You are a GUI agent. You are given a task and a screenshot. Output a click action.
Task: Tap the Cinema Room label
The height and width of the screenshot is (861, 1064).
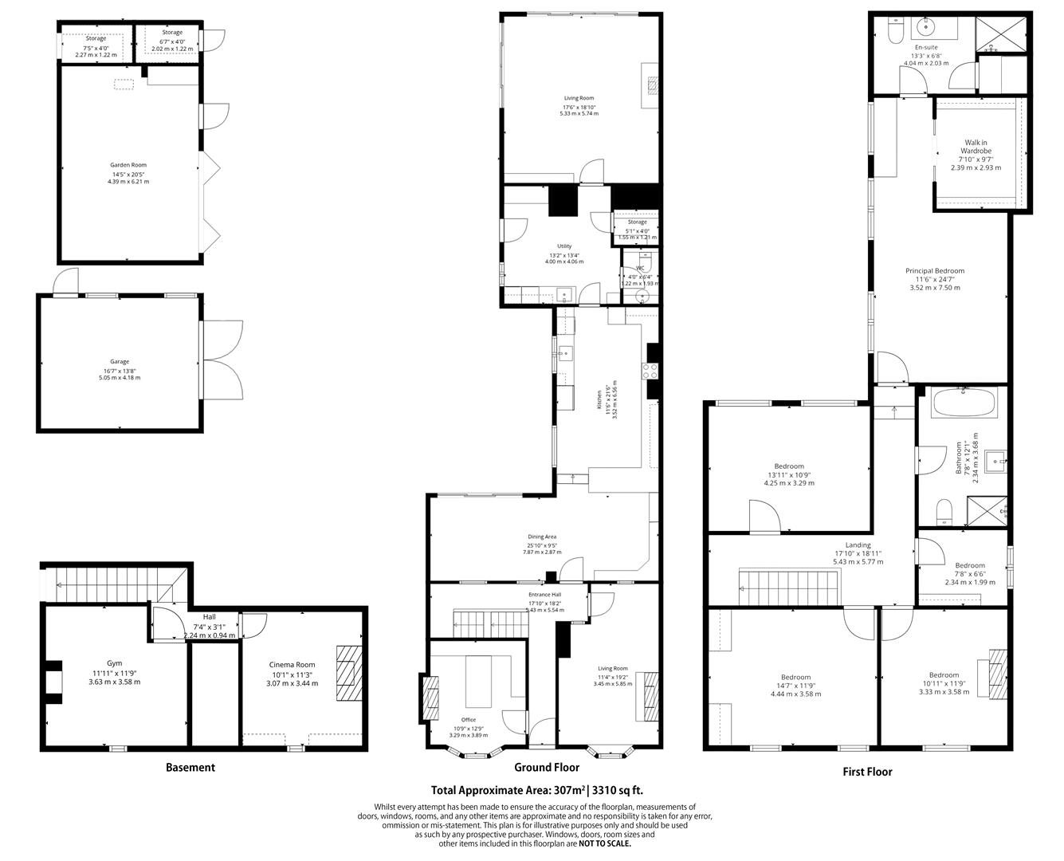click(x=292, y=664)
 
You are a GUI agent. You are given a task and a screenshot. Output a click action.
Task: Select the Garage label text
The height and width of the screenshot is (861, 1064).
click(x=120, y=361)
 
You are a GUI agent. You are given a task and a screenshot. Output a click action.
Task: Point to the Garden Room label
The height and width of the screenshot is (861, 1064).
click(x=128, y=165)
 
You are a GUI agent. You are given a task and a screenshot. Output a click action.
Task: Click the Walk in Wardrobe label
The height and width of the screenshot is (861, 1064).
click(x=976, y=147)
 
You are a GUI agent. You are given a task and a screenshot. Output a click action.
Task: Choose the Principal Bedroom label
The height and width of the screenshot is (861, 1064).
click(x=934, y=271)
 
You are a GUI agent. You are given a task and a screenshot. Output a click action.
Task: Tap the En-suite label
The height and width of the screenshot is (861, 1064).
click(x=925, y=47)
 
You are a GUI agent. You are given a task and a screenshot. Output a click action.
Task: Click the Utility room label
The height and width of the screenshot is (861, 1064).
click(x=564, y=246)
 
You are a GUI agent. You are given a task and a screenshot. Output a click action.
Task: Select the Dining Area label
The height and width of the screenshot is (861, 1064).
click(x=542, y=537)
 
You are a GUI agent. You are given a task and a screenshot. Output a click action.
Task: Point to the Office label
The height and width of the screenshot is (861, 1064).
click(x=468, y=720)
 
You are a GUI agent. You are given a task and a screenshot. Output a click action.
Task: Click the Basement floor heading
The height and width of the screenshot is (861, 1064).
click(x=190, y=768)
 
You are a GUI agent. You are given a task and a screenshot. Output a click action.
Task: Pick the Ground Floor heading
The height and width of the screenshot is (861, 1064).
click(x=546, y=768)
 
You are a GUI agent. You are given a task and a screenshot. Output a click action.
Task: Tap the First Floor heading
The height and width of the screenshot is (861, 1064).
click(x=867, y=772)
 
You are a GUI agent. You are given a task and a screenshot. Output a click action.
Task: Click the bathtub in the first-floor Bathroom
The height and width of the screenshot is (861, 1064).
click(x=962, y=403)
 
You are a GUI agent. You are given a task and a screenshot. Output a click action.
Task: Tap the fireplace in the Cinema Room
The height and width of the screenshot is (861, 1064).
click(x=347, y=665)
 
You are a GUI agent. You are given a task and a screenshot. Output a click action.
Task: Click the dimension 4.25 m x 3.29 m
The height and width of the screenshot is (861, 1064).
click(x=789, y=482)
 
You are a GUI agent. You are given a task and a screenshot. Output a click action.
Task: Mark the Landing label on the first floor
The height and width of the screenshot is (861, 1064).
click(x=858, y=545)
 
